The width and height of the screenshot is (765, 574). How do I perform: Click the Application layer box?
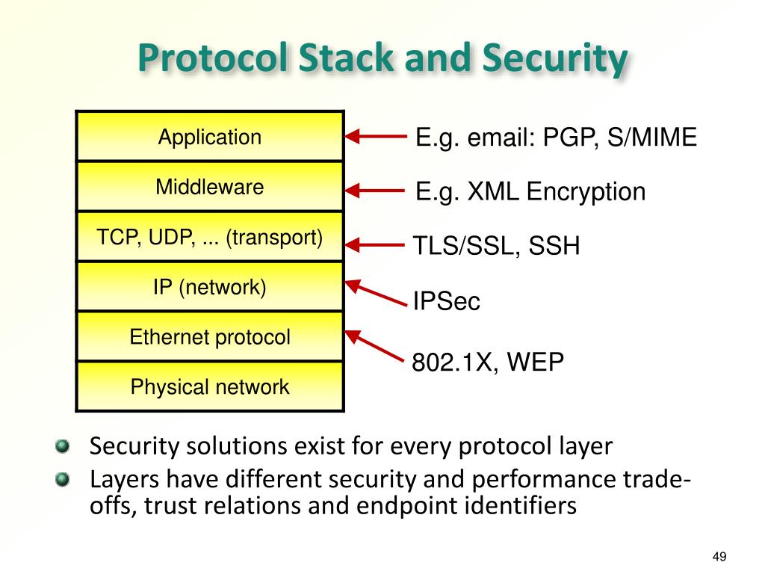point(210,137)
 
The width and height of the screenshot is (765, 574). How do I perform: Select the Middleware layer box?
point(210,187)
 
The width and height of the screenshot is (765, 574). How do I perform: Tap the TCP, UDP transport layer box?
point(210,237)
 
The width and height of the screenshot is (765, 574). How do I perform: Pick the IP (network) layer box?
point(210,287)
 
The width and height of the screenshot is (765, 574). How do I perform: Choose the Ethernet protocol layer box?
point(210,337)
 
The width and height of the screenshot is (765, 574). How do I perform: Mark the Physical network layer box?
point(210,387)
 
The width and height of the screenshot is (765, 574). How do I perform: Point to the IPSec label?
point(447,302)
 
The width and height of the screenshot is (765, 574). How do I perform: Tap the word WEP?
point(536,362)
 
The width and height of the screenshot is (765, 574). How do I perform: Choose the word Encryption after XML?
point(586,192)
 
